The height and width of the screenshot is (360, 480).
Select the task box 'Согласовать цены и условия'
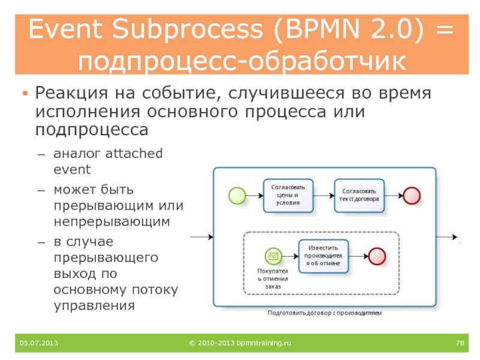(x=288, y=195)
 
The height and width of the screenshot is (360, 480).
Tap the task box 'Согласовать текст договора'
(x=359, y=195)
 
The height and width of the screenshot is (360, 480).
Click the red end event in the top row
(x=412, y=195)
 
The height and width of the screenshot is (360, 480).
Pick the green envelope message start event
(x=273, y=256)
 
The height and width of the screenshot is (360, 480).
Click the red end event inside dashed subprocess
(x=376, y=256)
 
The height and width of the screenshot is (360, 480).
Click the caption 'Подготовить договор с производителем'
(x=324, y=314)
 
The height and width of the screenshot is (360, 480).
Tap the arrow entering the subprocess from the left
(x=202, y=237)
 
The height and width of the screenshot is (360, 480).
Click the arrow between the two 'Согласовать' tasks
(x=323, y=195)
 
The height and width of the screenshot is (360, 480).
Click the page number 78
(x=461, y=343)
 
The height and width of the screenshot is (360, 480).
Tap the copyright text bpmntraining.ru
(x=239, y=343)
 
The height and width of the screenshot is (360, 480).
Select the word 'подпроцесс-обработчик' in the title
(x=240, y=61)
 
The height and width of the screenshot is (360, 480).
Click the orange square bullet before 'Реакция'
(x=25, y=94)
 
